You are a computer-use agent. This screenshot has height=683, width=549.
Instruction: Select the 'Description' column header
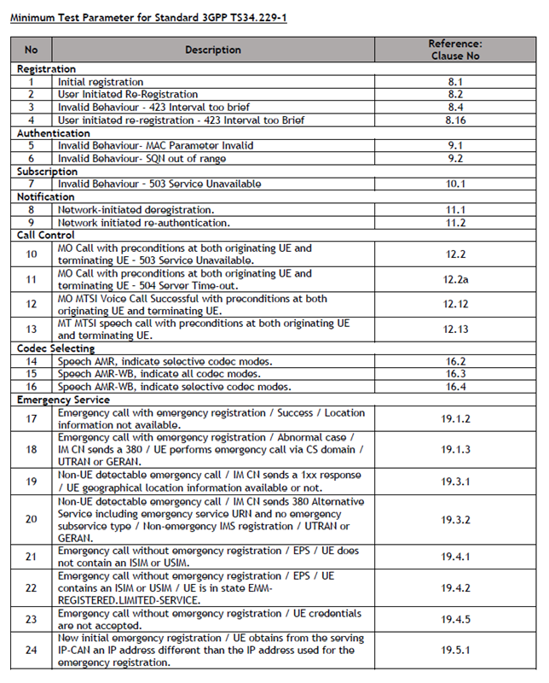[213, 50]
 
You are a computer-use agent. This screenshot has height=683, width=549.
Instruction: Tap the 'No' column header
[32, 50]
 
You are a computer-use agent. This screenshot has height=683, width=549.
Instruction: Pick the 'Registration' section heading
[46, 69]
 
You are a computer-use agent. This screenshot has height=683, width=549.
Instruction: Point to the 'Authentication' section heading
[50, 133]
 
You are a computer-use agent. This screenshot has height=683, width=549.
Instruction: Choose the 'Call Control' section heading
[46, 235]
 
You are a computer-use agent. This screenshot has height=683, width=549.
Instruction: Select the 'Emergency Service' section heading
[63, 399]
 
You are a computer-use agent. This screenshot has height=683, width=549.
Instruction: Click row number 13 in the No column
[32, 330]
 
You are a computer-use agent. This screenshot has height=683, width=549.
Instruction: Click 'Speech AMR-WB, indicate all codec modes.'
[157, 374]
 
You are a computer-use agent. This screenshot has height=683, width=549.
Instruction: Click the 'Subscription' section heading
[47, 172]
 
